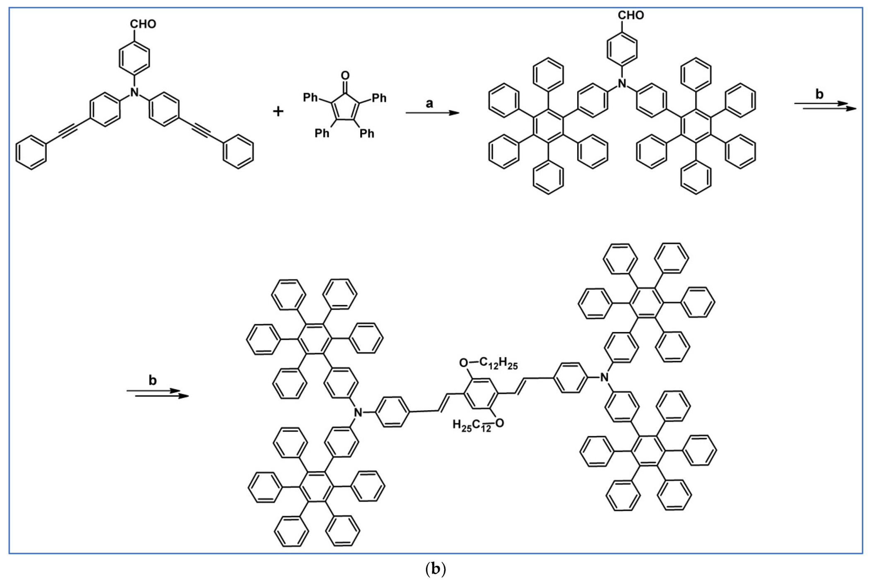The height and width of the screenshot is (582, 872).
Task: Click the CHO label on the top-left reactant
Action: pyautogui.click(x=143, y=24)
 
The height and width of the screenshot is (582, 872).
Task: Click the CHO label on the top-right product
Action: pyautogui.click(x=631, y=15)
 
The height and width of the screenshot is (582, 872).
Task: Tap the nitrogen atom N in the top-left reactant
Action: pyautogui.click(x=134, y=92)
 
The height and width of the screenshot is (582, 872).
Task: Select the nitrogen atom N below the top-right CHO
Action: pyautogui.click(x=622, y=84)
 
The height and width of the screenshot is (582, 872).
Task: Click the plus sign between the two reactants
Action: pyautogui.click(x=278, y=111)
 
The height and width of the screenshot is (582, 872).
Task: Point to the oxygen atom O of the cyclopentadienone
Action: pyautogui.click(x=345, y=75)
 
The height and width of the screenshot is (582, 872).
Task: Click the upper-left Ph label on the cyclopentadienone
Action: pyautogui.click(x=310, y=98)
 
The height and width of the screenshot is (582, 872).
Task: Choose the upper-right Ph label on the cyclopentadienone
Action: pyautogui.click(x=379, y=98)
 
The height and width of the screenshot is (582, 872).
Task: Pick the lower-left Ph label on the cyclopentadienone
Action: pyautogui.click(x=322, y=133)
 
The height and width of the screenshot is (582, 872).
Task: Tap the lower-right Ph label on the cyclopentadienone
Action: pyautogui.click(x=367, y=133)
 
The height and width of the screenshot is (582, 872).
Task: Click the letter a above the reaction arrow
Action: pyautogui.click(x=429, y=103)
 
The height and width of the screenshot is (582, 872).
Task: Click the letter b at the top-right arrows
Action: pyautogui.click(x=819, y=94)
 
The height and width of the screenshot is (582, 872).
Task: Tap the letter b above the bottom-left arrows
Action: pyautogui.click(x=153, y=380)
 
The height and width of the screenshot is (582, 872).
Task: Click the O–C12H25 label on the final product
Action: pyautogui.click(x=489, y=363)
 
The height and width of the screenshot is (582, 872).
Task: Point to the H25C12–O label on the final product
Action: pyautogui.click(x=478, y=424)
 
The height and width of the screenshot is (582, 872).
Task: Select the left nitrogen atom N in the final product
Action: pyautogui.click(x=358, y=412)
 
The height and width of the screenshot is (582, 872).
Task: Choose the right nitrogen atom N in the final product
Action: pyautogui.click(x=605, y=377)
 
